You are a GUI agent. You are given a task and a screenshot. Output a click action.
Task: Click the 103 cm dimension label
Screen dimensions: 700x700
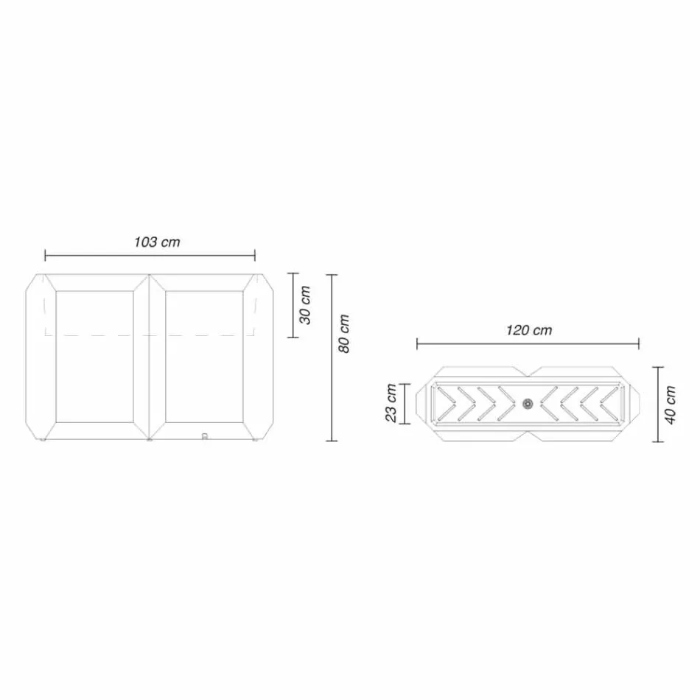[x=157, y=242]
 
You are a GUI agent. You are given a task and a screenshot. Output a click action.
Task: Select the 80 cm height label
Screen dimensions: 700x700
[x=343, y=334]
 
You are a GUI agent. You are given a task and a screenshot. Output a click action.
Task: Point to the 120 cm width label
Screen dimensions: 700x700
[x=528, y=330]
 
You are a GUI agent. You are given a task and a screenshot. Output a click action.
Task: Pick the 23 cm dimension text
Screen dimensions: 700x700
[x=391, y=404]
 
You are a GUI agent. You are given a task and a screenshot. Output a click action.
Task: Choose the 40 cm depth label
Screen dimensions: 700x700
[x=670, y=405]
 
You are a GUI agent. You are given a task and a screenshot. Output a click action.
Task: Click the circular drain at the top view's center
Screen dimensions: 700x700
[x=528, y=403]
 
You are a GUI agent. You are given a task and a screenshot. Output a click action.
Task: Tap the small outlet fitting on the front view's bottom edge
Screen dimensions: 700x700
[x=205, y=435]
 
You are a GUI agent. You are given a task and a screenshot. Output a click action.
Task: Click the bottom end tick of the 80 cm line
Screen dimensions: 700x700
[x=332, y=441]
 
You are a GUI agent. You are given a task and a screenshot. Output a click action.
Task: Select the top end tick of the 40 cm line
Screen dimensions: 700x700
[x=659, y=367]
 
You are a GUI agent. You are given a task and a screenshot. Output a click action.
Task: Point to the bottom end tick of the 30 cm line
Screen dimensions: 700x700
[x=294, y=337]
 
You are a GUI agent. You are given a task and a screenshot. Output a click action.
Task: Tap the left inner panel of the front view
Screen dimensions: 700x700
[x=94, y=357]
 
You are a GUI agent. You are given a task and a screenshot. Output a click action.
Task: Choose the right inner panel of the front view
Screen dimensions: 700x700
[x=204, y=357]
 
